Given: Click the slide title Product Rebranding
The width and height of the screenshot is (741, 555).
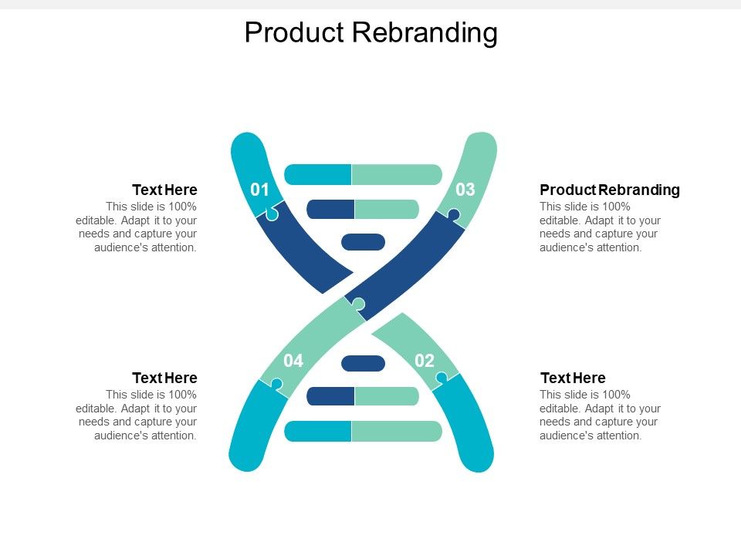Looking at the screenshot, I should coord(370,32).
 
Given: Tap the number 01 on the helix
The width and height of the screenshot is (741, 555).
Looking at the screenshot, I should coord(260,190).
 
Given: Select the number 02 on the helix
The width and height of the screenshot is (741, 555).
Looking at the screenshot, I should coord(425,361).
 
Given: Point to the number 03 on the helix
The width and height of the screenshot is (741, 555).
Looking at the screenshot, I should coord(465,190).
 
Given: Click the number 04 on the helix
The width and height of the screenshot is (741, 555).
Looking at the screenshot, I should coord(293,361).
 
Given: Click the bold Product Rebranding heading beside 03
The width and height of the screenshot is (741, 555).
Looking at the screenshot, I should coord(610,190).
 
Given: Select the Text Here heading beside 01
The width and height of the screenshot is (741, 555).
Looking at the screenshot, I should coord(164,190).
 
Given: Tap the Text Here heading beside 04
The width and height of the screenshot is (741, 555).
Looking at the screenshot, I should coord(164,378).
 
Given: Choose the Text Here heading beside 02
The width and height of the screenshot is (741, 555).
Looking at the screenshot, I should coord(573,378).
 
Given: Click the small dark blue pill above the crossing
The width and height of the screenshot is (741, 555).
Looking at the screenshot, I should coord(363,242).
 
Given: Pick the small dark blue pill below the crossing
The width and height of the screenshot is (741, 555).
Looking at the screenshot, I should coord(363,363).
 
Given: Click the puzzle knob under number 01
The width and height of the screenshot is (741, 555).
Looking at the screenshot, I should coord(272,215).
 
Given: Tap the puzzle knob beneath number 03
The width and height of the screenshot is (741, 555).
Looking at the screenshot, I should coord(454,214).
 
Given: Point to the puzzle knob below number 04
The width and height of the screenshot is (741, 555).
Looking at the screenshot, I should coord(276,383).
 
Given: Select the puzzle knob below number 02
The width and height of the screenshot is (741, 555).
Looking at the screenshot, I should coord(442,377).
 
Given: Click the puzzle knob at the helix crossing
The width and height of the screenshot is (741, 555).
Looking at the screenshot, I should coord(358,304).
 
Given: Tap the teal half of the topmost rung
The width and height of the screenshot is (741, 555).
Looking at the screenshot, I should coord(318,174).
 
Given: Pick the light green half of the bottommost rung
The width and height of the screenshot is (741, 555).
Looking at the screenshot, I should coord(397,432).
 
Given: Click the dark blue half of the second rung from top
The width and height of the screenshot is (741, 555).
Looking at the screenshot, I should coord(330,209).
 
